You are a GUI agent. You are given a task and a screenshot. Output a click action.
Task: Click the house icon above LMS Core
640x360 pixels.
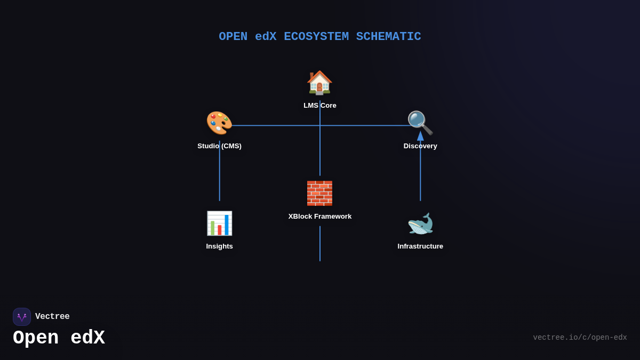pyautogui.click(x=319, y=83)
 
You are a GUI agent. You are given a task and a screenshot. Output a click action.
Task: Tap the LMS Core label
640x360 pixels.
pyautogui.click(x=320, y=106)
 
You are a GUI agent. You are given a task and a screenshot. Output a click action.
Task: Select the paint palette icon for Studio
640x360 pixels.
pyautogui.click(x=219, y=123)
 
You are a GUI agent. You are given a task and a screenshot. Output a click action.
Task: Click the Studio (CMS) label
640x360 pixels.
pyautogui.click(x=219, y=146)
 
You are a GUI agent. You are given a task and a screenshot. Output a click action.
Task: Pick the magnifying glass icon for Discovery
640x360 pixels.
pyautogui.click(x=420, y=123)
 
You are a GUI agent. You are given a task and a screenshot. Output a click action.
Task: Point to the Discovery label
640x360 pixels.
pyautogui.click(x=420, y=146)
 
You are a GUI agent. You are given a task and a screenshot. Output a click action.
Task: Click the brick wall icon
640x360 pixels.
pyautogui.click(x=319, y=193)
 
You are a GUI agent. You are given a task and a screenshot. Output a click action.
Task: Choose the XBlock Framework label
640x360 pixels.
pyautogui.click(x=320, y=217)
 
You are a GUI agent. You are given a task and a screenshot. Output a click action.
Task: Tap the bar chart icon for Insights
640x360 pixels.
pyautogui.click(x=219, y=223)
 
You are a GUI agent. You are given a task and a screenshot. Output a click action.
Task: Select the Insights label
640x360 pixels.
pyautogui.click(x=219, y=246)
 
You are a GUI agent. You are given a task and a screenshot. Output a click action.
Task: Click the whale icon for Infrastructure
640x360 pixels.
pyautogui.click(x=420, y=224)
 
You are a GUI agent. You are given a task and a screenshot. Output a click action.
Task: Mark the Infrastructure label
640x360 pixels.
pyautogui.click(x=420, y=246)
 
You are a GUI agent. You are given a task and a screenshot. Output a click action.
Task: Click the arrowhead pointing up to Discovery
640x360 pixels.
pyautogui.click(x=420, y=136)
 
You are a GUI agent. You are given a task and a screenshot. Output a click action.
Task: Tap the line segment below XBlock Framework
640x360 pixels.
pyautogui.click(x=320, y=244)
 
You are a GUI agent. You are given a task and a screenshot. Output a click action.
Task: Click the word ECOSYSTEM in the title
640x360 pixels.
pyautogui.click(x=316, y=37)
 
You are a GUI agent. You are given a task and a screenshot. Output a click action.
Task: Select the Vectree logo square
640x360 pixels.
pyautogui.click(x=22, y=317)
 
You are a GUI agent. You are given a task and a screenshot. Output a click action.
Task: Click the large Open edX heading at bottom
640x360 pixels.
pyautogui.click(x=59, y=338)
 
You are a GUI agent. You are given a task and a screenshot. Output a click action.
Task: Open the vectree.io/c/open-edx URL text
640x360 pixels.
pyautogui.click(x=580, y=338)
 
